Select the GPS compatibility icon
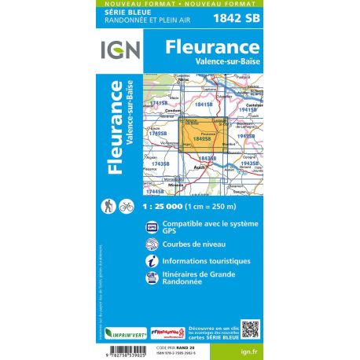click(x=152, y=229)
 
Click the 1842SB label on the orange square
click(x=201, y=138)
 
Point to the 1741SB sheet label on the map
click(x=160, y=103)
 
